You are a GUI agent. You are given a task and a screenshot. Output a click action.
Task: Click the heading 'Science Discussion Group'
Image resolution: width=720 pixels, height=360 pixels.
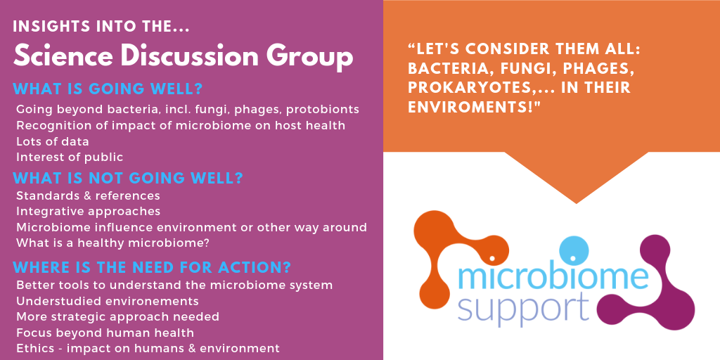coord(183,57)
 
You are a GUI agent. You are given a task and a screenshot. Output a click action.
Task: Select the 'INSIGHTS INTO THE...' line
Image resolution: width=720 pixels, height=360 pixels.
coord(101,27)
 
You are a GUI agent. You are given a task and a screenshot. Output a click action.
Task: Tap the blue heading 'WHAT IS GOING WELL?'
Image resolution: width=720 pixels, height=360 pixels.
coord(108,89)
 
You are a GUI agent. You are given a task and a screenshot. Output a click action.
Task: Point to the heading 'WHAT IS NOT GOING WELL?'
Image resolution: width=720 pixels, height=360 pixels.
coord(128,178)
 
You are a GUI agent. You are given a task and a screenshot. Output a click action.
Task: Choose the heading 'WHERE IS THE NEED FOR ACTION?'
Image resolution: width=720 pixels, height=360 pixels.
coord(152,266)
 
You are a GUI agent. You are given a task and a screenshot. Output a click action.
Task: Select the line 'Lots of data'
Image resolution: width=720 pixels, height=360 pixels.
coord(52,141)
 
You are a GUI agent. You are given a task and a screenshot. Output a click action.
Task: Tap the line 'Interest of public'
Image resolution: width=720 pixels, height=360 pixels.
coord(70,157)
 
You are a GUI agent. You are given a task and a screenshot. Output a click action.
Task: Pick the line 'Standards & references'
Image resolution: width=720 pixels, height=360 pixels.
coord(88,195)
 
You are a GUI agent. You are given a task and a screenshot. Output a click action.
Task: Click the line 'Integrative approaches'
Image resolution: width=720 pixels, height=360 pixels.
coord(88,212)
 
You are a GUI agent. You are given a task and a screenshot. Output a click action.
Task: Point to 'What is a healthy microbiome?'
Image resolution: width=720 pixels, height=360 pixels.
coord(112,243)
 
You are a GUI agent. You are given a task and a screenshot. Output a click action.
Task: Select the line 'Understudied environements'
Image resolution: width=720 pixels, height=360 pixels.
coord(108,301)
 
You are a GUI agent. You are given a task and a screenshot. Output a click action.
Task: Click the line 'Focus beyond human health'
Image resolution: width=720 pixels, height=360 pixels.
coord(105,333)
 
